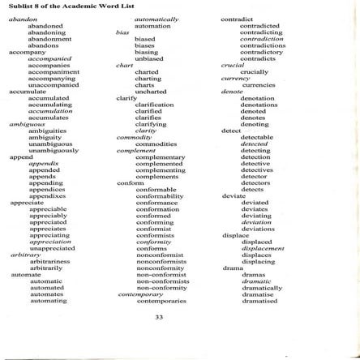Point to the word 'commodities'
click(156, 143)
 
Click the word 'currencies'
click(258, 84)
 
